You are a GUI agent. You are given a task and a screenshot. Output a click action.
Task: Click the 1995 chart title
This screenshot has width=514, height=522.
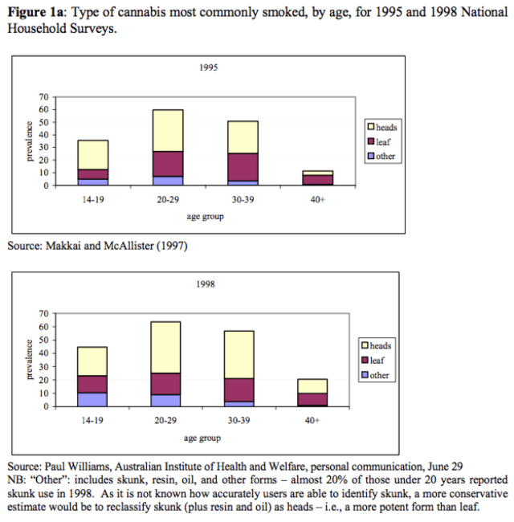pyautogui.click(x=208, y=68)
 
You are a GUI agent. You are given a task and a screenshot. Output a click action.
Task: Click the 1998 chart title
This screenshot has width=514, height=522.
pyautogui.click(x=208, y=284)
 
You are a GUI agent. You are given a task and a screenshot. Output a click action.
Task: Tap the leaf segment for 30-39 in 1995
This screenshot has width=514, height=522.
pyautogui.click(x=243, y=167)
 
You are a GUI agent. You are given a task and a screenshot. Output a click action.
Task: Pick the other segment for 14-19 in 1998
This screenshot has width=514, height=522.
pyautogui.click(x=92, y=399)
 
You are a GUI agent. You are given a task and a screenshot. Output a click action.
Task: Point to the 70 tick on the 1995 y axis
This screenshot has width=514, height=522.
pyautogui.click(x=45, y=96)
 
